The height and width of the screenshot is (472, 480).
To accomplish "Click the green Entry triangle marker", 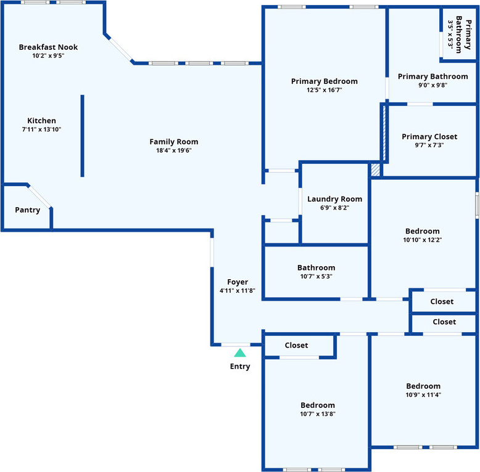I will coord(240,353).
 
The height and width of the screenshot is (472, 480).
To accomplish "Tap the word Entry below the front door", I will coord(240,367).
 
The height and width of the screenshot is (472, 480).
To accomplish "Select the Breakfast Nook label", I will coord(48,47).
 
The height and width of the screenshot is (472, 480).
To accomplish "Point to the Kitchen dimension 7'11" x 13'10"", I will coord(42,129).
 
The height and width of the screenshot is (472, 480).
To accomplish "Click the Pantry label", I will coord(28,210).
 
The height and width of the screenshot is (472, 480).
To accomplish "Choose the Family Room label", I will coord(174,142).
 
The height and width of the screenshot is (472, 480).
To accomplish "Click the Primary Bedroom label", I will coord(324,81).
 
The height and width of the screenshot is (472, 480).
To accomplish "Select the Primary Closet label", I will coord(429,136).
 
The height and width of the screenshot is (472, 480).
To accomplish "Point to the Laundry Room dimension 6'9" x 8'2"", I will coord(335,208).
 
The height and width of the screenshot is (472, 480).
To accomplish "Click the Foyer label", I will coord(238,282).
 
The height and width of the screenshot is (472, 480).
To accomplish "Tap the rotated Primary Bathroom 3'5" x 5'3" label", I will coord(459,35).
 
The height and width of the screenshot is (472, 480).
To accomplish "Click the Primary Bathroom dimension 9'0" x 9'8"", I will coord(432,85).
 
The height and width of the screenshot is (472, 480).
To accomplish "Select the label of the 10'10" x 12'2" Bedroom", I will coord(423,231).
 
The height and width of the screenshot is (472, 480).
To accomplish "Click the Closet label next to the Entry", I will coord(296,345).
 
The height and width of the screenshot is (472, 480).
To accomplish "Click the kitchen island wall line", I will coord(82,136).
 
